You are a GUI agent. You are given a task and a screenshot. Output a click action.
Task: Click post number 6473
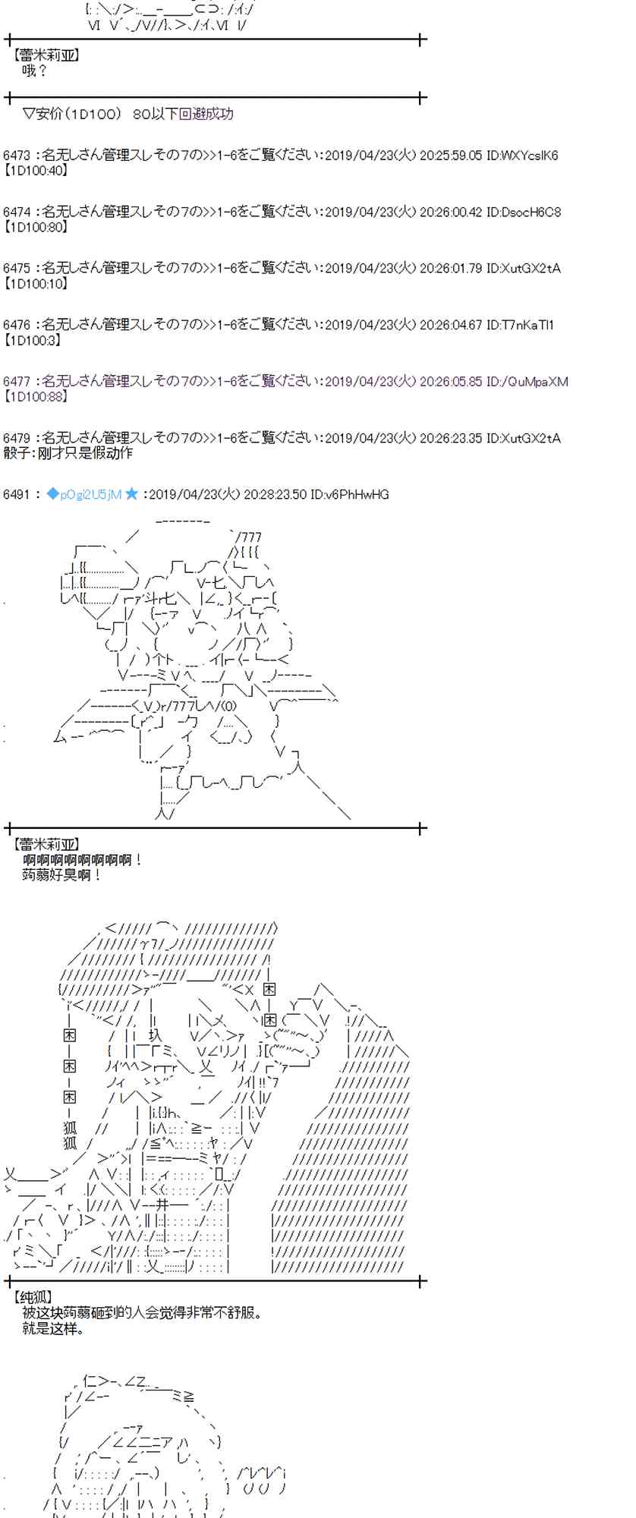(x=17, y=156)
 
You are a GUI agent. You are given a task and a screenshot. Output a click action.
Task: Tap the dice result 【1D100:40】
(x=36, y=170)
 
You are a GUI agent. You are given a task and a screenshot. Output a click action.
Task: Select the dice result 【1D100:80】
(x=36, y=226)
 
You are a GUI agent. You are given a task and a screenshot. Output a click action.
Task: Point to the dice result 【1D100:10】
(x=36, y=283)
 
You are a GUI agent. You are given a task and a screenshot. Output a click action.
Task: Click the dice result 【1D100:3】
(x=33, y=340)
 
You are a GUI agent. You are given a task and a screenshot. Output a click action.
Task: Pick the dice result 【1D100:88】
(x=36, y=396)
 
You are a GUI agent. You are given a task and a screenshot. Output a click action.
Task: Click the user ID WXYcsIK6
(x=530, y=156)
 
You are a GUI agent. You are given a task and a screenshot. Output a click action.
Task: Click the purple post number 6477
(x=17, y=382)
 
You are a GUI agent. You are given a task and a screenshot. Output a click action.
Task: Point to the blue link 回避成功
(x=206, y=114)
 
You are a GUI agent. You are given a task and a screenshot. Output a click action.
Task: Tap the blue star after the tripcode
(x=131, y=495)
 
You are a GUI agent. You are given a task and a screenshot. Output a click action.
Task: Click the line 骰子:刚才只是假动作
(x=68, y=453)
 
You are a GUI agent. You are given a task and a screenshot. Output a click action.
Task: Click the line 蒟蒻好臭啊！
(x=62, y=875)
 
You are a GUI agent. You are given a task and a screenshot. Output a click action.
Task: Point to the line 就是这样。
(x=53, y=1328)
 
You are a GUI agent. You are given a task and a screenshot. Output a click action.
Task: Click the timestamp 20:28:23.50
(x=275, y=495)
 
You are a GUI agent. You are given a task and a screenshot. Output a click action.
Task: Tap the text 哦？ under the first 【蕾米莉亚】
(x=35, y=71)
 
